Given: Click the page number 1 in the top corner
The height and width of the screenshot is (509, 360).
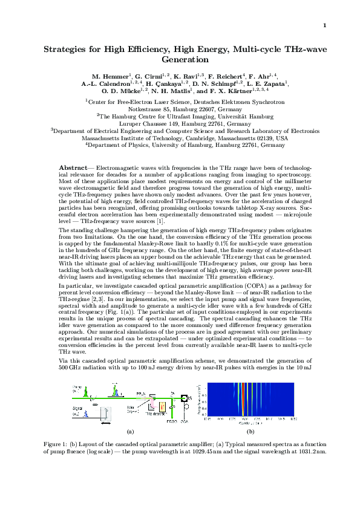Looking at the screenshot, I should pos(325,25).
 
